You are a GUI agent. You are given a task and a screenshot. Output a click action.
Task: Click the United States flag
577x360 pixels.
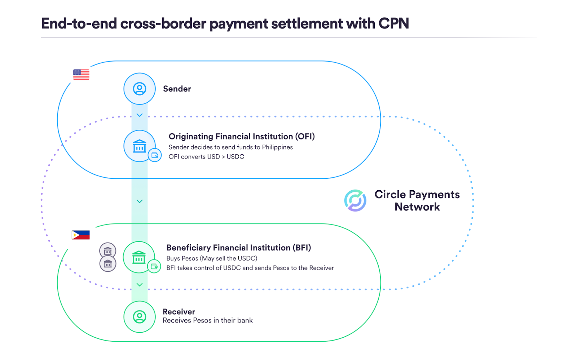81,75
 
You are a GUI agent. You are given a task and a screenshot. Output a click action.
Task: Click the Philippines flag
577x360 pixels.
81,235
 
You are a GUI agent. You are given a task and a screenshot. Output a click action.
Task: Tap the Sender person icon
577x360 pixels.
140,89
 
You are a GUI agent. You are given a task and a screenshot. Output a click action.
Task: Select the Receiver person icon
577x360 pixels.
140,317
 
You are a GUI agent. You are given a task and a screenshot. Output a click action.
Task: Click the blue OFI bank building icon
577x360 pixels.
139,146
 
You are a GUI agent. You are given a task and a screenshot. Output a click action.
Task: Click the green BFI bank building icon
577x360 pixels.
139,257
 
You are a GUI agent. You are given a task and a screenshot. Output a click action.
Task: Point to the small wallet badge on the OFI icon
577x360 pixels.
155,155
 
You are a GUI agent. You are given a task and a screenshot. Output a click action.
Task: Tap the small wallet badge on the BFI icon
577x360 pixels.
154,266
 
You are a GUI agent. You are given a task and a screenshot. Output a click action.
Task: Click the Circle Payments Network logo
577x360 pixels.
355,200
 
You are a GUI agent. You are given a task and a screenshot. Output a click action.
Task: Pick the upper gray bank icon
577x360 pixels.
108,250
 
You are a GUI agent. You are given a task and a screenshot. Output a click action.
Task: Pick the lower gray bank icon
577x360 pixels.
108,264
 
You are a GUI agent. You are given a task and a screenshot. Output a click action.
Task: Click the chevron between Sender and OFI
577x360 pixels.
140,115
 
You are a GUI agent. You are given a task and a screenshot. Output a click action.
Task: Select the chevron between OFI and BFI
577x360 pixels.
140,201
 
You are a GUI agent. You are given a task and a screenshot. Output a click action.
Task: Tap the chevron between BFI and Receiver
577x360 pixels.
140,285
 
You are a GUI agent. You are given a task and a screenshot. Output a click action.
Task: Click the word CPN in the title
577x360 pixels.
393,24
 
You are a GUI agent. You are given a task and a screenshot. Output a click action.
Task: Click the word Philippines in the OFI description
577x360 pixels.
277,147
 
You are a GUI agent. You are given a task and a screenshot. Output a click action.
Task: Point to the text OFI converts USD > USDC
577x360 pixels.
206,157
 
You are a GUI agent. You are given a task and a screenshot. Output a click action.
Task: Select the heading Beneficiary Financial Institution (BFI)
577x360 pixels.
238,248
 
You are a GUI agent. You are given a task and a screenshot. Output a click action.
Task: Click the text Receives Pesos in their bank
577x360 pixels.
207,320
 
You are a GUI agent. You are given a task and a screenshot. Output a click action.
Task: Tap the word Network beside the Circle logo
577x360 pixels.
417,207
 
